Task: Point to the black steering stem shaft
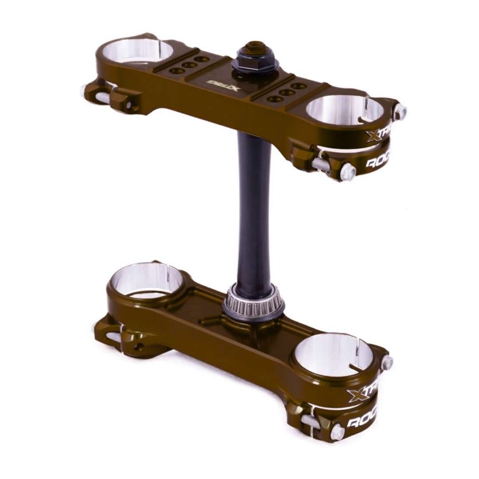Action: pyautogui.click(x=254, y=208)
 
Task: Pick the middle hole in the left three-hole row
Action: pyautogui.click(x=190, y=64)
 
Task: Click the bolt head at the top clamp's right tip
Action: pyautogui.click(x=400, y=111)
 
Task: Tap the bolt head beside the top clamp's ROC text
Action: pyautogui.click(x=348, y=171)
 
